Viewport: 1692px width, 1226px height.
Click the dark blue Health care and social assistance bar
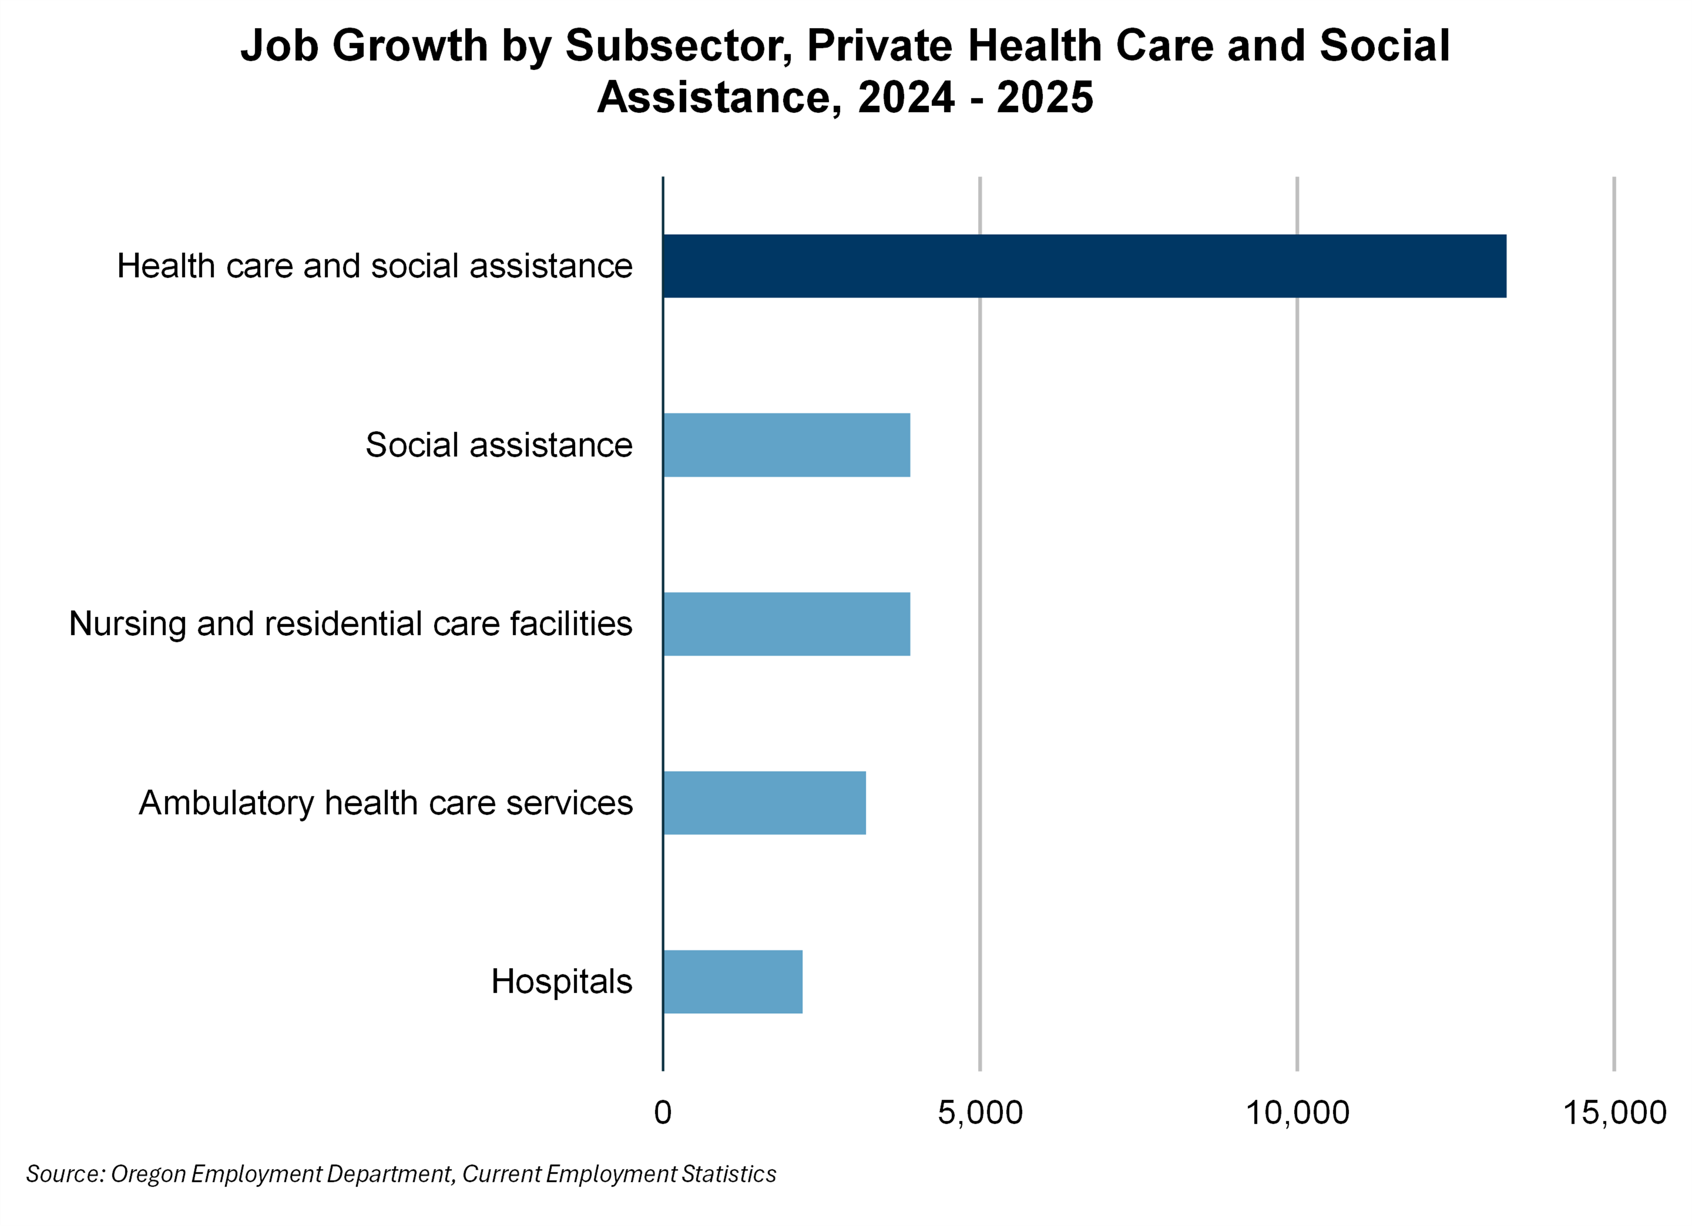pos(1084,266)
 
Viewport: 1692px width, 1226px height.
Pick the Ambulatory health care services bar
pos(764,803)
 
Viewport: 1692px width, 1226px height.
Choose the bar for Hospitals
pos(732,982)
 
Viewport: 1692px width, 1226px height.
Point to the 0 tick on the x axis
pos(663,1113)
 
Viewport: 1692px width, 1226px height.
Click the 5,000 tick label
pos(979,1113)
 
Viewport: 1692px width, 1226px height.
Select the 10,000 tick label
pos(1297,1113)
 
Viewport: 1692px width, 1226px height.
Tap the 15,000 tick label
pos(1614,1113)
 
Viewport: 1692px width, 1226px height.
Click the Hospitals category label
pos(561,982)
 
